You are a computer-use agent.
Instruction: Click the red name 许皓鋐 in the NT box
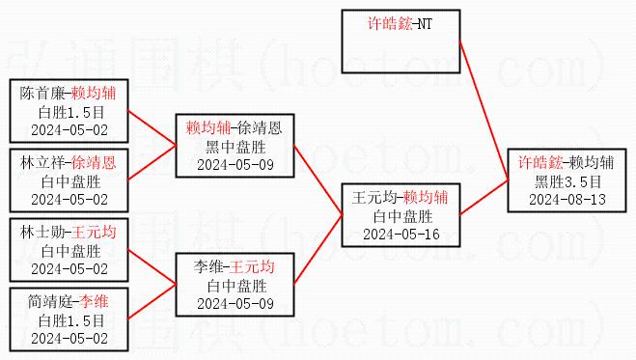click(x=389, y=23)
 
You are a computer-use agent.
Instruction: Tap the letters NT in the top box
click(x=425, y=24)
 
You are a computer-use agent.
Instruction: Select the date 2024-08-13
click(x=567, y=200)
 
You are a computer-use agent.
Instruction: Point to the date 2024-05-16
click(x=401, y=235)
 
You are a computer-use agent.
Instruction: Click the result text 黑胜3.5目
click(x=567, y=181)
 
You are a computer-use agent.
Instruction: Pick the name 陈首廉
click(x=42, y=94)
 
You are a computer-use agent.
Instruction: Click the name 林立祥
click(x=42, y=163)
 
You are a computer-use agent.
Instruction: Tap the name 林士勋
click(x=42, y=233)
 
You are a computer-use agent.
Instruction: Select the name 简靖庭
click(x=50, y=302)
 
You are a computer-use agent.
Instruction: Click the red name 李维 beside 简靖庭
click(x=94, y=302)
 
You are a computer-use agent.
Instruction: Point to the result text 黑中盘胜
click(x=235, y=147)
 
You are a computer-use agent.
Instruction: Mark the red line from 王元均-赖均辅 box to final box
click(x=484, y=197)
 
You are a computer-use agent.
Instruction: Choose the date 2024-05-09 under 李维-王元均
click(x=235, y=304)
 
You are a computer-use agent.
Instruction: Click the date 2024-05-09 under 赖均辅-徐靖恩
click(x=235, y=165)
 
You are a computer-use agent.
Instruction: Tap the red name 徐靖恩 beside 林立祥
click(x=94, y=163)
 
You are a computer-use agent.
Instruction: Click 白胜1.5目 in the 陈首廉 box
click(x=71, y=112)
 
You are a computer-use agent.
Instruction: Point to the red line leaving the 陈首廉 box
click(x=152, y=127)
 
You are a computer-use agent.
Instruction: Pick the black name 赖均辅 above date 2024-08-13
click(x=591, y=163)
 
